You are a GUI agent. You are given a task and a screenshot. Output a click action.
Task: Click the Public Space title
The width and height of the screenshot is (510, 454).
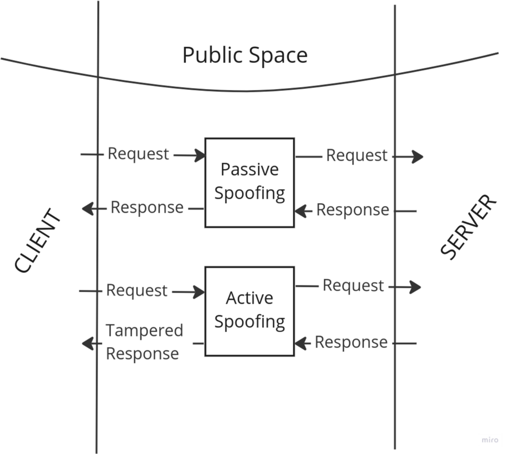[245, 55]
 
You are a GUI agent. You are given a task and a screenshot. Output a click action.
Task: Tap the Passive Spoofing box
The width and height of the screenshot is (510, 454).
[250, 182]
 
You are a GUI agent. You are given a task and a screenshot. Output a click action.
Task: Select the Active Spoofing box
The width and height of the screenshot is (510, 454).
[250, 311]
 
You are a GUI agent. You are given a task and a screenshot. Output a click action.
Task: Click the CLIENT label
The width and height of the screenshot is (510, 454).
[37, 241]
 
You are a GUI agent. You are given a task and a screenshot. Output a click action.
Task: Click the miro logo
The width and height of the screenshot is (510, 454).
[490, 440]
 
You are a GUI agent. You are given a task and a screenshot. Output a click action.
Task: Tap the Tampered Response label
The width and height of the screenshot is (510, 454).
[144, 341]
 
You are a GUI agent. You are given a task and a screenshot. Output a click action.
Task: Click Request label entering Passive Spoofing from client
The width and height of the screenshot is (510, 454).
[138, 154]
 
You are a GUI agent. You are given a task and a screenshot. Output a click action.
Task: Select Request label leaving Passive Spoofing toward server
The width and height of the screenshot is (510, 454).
[357, 155]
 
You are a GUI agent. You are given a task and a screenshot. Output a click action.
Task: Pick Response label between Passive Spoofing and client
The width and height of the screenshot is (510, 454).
[147, 207]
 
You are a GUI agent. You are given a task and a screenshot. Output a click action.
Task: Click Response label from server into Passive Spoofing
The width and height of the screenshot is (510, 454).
[353, 210]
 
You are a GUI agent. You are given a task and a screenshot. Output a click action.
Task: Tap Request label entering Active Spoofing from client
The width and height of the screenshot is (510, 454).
[137, 290]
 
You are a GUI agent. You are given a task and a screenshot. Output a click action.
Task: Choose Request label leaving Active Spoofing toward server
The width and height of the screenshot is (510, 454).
[353, 286]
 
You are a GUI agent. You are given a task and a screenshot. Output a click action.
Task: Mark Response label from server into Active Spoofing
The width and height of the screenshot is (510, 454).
[351, 343]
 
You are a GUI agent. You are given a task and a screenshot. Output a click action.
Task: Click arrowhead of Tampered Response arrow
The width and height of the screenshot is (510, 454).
[87, 343]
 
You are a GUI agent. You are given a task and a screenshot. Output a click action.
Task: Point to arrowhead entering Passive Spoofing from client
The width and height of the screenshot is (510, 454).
[200, 155]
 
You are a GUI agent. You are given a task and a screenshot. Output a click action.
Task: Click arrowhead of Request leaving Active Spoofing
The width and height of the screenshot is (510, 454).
[416, 287]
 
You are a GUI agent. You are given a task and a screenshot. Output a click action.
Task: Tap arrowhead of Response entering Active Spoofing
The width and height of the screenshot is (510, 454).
[300, 343]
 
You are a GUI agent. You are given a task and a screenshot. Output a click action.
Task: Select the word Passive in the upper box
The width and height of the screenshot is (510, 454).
[250, 170]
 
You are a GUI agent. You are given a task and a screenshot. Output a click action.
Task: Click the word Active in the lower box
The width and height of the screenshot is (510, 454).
[250, 298]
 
